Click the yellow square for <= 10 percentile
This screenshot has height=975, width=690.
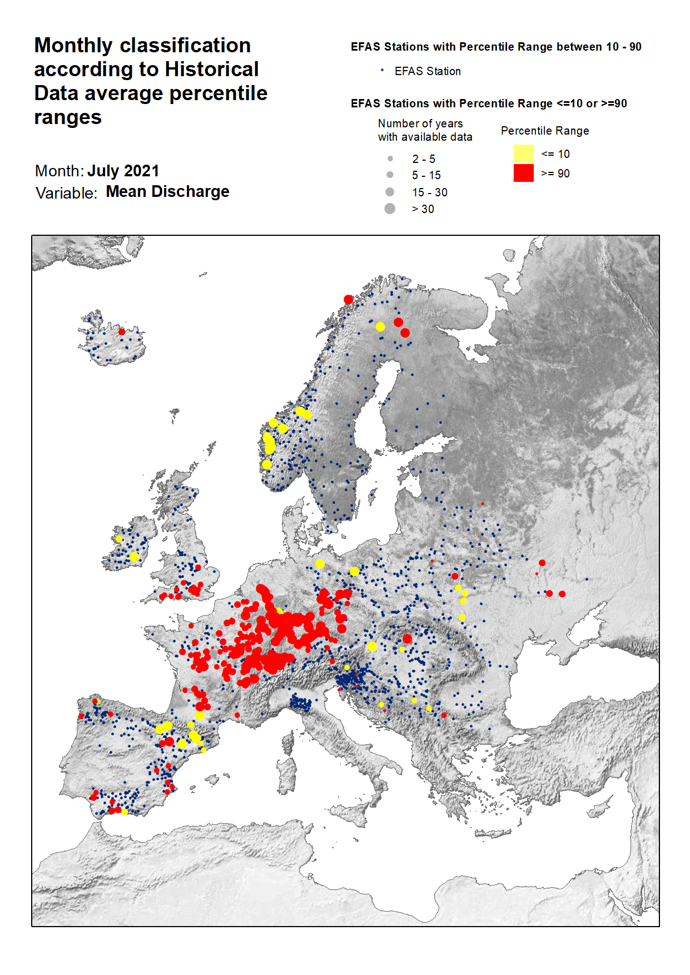point(523,154)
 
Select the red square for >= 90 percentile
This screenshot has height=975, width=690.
point(523,173)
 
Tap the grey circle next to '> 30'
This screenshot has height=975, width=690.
point(390,209)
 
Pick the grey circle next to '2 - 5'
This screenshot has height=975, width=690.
point(390,159)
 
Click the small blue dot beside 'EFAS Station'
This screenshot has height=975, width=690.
point(382,70)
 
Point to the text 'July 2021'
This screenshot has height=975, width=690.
point(123,171)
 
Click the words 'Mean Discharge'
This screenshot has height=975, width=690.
point(167,191)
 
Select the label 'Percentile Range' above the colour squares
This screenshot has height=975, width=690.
point(545,131)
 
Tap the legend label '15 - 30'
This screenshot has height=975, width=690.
point(429,192)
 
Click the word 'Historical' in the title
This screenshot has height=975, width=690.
point(212,70)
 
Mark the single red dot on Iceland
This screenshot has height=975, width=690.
point(122,332)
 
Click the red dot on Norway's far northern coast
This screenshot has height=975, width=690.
point(349,300)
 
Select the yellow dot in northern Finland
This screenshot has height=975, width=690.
point(380,327)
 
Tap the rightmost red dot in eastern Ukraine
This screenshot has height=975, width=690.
point(562,594)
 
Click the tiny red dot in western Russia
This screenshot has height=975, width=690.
point(483,504)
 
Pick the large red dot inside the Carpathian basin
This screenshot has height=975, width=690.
point(407,639)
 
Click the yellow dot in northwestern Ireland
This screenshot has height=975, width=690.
point(118,539)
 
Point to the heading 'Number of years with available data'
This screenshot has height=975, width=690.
point(425,130)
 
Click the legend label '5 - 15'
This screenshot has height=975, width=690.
point(426,175)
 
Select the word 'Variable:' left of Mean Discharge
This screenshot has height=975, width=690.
point(66,193)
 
